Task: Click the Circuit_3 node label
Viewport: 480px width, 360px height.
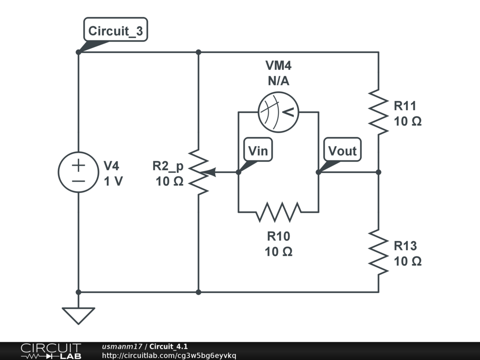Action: click(x=115, y=30)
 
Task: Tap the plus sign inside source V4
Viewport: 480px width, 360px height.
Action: click(x=78, y=165)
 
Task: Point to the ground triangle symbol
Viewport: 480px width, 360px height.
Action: click(x=78, y=315)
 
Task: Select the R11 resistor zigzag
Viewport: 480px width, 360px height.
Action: click(x=379, y=112)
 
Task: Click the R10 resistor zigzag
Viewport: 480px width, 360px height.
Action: click(x=278, y=212)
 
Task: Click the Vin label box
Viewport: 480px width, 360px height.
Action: click(x=258, y=150)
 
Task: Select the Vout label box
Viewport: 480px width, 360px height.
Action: click(x=342, y=150)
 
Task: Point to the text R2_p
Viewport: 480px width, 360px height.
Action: click(x=168, y=166)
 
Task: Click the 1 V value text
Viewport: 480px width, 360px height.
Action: click(x=113, y=181)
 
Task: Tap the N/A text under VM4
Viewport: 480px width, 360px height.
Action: click(x=278, y=81)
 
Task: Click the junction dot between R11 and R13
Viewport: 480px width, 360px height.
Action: click(x=379, y=172)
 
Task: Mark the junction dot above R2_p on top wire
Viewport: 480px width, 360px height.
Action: click(x=198, y=52)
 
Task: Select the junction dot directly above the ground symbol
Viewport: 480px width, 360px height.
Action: click(x=78, y=292)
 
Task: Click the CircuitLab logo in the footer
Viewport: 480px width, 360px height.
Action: click(x=51, y=351)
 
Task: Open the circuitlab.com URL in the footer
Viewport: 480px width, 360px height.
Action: click(x=169, y=356)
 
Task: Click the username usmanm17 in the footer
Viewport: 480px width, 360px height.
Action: click(x=122, y=346)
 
